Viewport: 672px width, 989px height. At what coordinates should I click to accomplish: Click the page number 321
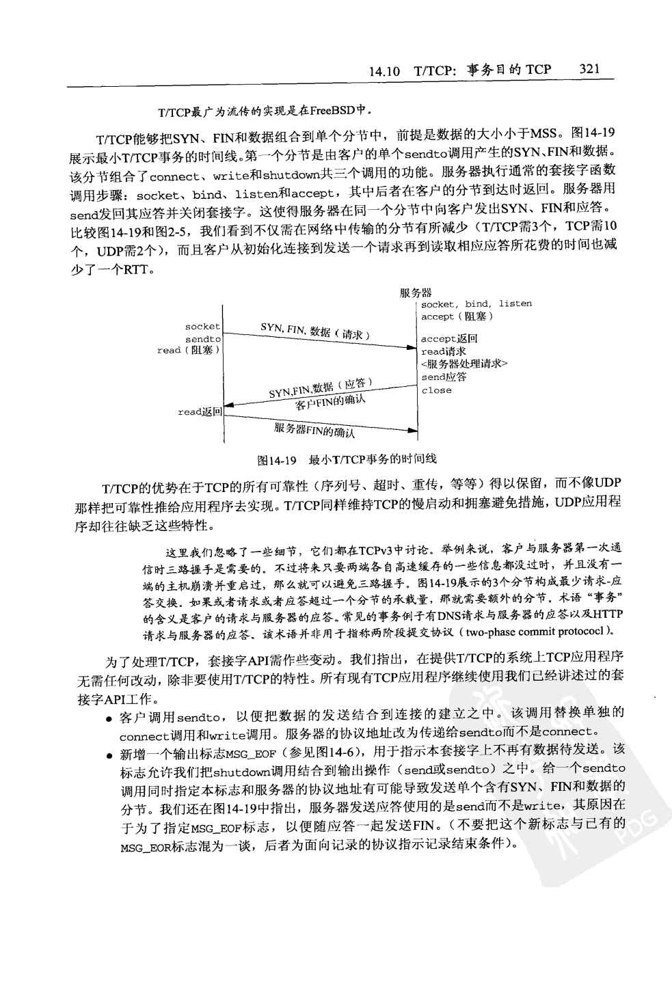[x=589, y=69]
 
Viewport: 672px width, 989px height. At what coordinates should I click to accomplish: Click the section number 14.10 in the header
[x=384, y=70]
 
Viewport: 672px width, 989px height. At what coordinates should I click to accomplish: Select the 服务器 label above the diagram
[x=416, y=293]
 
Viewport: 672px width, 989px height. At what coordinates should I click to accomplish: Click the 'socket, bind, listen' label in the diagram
[x=476, y=304]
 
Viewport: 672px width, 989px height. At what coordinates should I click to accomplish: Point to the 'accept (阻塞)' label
[x=457, y=316]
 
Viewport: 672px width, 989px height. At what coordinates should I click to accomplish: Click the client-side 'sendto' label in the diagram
[x=203, y=339]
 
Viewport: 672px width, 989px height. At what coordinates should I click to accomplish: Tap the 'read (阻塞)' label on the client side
[x=188, y=351]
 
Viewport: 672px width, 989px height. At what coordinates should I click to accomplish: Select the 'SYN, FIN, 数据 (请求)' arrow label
[x=315, y=331]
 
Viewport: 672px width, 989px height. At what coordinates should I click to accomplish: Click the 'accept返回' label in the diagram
[x=449, y=339]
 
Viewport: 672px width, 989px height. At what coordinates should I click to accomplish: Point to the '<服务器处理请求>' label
[x=464, y=364]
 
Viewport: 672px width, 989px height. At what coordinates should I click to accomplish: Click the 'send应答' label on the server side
[x=444, y=377]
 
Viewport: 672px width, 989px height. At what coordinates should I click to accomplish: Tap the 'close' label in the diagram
[x=436, y=390]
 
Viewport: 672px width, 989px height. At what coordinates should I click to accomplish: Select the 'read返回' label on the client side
[x=200, y=412]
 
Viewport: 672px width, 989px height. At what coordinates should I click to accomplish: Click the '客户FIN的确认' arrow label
[x=330, y=403]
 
